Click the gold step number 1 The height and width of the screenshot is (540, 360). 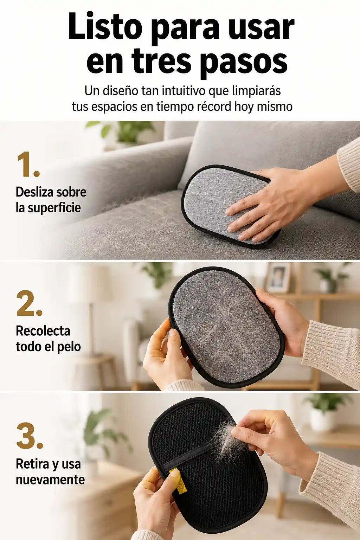[28, 165]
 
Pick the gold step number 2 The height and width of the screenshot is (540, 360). [29, 303]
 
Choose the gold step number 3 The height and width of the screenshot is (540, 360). [30, 437]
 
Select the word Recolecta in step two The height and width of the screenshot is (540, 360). [43, 331]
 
